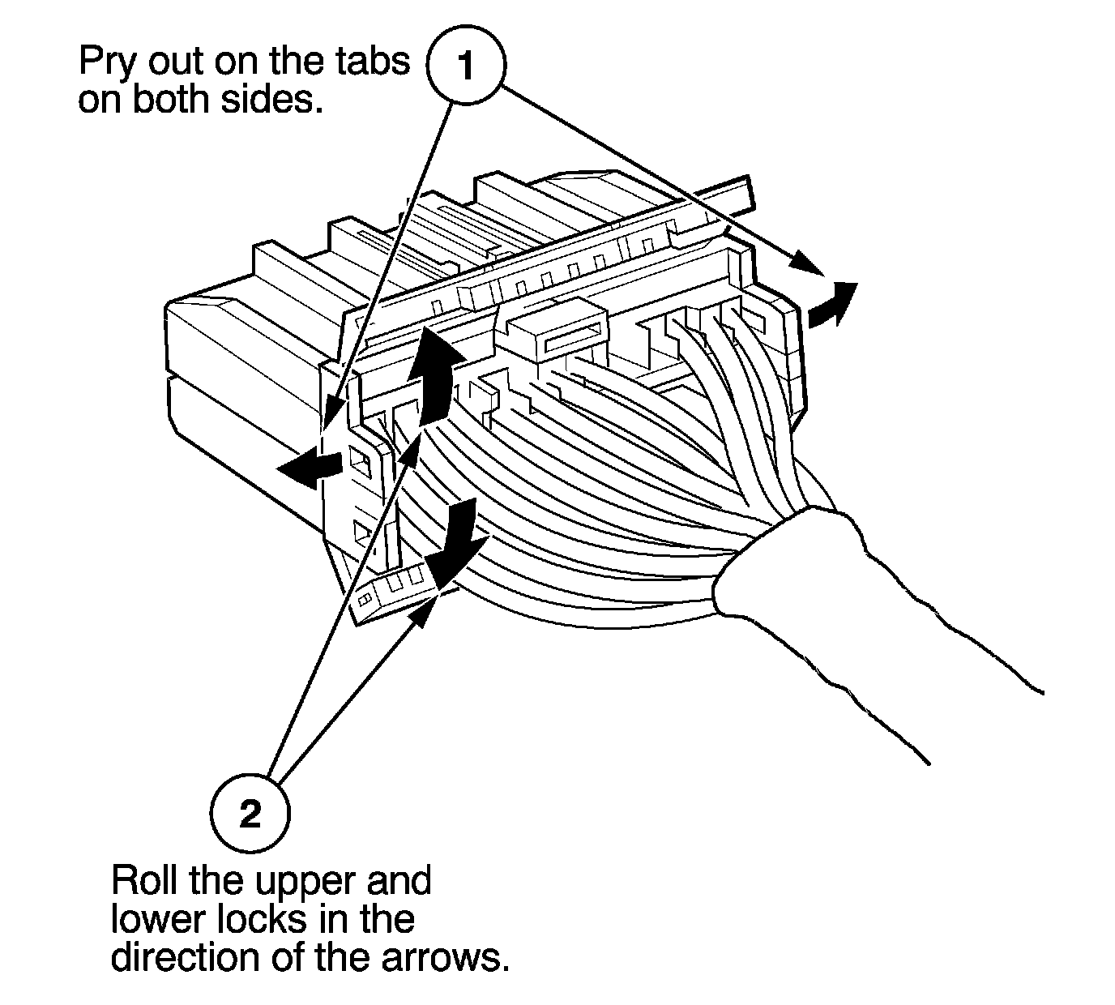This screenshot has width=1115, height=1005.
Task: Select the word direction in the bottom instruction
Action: [182, 957]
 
